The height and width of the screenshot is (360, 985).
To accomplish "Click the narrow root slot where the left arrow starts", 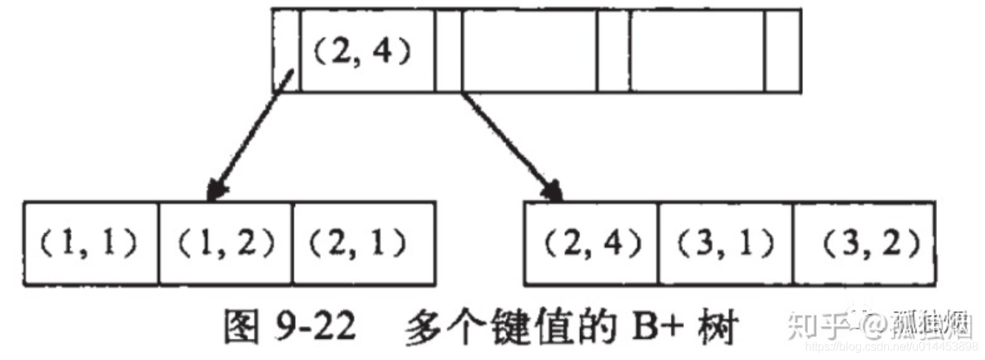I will [x=286, y=50].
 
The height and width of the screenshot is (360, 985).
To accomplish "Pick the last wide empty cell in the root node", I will [x=697, y=50].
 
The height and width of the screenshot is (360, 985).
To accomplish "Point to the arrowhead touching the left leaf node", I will [x=213, y=193].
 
